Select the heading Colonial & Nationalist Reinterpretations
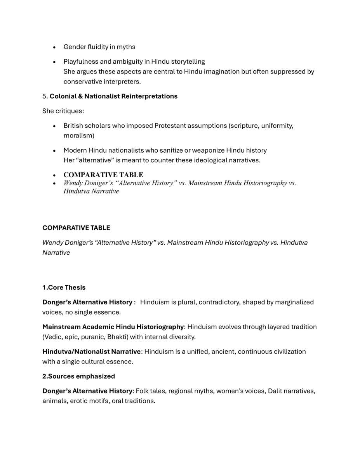click(x=113, y=96)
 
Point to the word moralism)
click(x=79, y=136)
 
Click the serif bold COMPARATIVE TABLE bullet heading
click(x=103, y=175)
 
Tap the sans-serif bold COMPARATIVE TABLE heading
click(x=76, y=228)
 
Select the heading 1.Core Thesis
click(x=64, y=288)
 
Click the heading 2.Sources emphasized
click(x=79, y=376)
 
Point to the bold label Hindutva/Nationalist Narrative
click(x=91, y=352)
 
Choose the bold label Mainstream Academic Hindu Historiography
click(x=113, y=327)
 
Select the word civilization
click(x=288, y=352)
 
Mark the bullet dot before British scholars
click(x=54, y=126)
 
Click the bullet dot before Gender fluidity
click(x=54, y=47)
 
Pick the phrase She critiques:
click(x=63, y=111)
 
